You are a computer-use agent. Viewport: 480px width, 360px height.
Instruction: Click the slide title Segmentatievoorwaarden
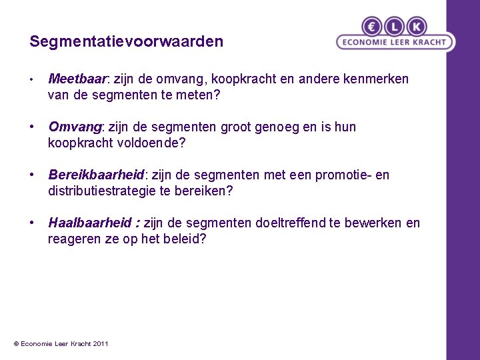[126, 42]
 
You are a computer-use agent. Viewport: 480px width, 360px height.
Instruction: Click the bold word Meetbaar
[77, 79]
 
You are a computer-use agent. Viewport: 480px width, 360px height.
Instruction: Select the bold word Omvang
[73, 127]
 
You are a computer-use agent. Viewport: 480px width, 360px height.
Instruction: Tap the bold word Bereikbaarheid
[96, 175]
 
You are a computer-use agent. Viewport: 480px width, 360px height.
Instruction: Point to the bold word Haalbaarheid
[91, 223]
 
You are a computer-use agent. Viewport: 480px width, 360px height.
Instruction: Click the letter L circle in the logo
[394, 27]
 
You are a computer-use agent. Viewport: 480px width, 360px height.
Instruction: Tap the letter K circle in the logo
[417, 27]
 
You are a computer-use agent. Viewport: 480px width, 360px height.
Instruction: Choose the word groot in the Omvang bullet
[263, 127]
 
